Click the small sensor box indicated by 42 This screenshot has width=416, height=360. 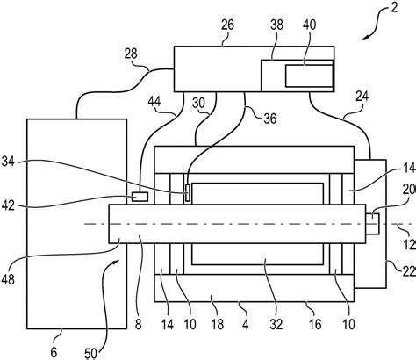140,197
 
